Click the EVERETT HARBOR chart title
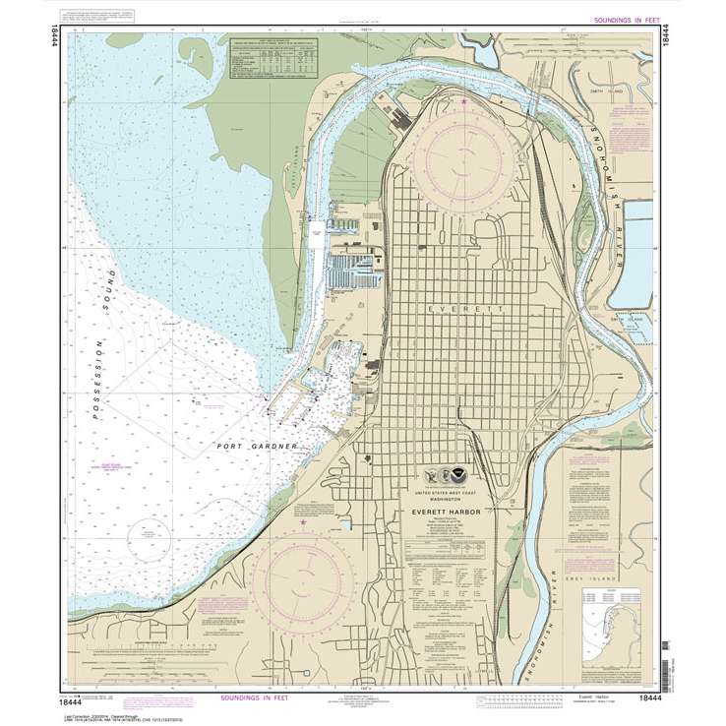[444, 513]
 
